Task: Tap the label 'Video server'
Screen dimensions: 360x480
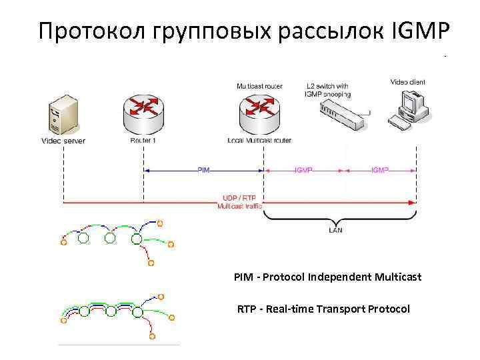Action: (x=63, y=141)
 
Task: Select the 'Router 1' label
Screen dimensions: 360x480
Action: (x=143, y=141)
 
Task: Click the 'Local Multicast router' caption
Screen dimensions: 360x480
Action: (x=259, y=141)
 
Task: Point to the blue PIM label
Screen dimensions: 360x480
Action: (x=204, y=170)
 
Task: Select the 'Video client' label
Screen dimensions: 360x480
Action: (x=407, y=82)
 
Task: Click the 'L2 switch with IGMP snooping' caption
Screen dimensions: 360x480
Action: (x=327, y=90)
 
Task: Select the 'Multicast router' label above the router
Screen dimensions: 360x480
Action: (x=259, y=86)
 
